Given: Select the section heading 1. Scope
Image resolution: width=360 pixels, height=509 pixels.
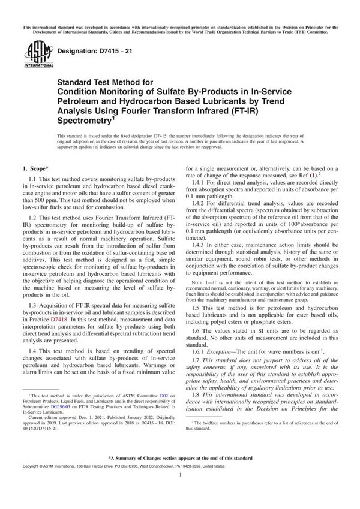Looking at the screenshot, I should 38,171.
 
